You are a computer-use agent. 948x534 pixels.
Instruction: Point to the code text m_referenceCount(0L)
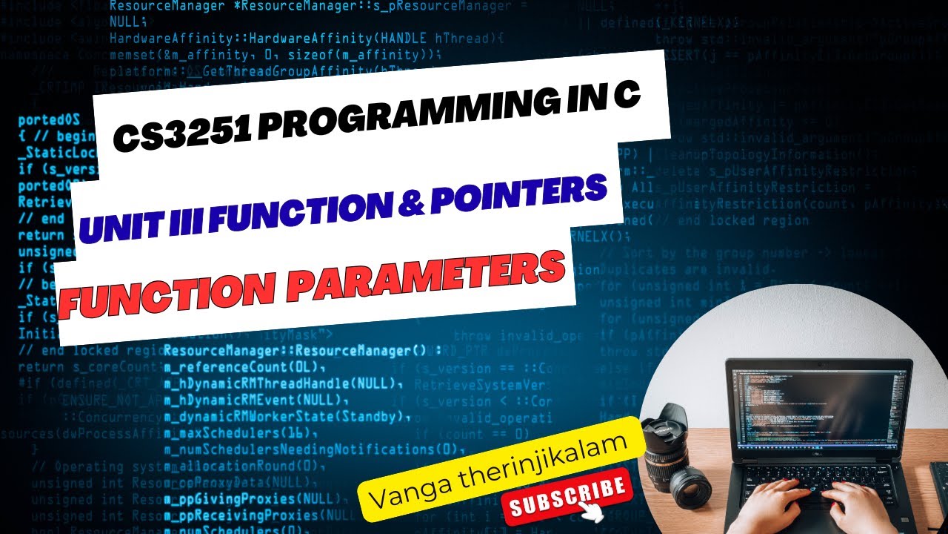point(244,367)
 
